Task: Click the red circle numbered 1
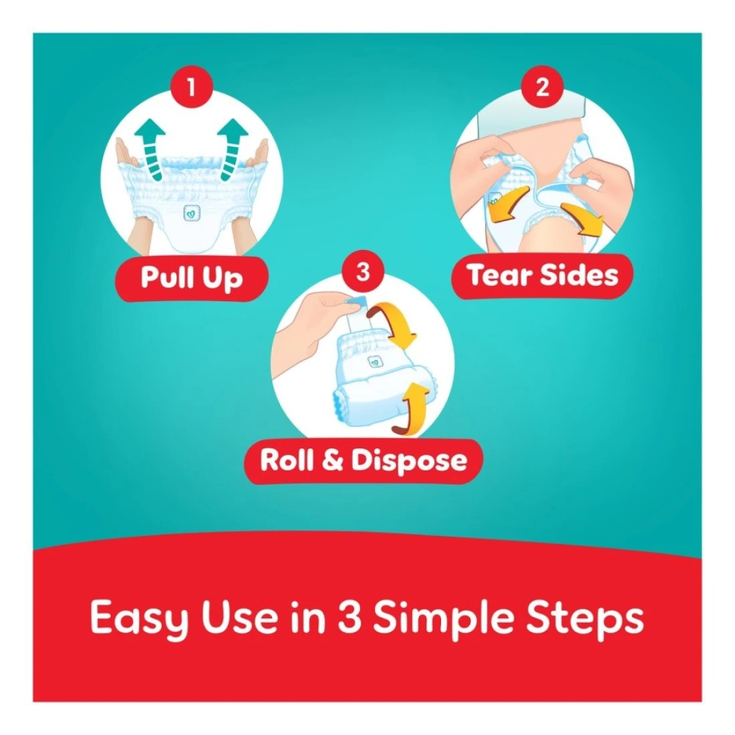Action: click(x=191, y=87)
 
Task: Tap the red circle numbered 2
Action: click(x=543, y=87)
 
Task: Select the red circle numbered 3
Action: click(x=363, y=271)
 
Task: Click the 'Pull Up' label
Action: click(x=192, y=278)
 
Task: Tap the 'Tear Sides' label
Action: click(x=543, y=275)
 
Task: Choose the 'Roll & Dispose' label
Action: click(x=363, y=460)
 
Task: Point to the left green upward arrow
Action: click(x=151, y=149)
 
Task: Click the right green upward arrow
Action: click(x=232, y=149)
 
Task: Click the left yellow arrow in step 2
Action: click(x=507, y=205)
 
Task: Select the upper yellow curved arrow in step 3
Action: click(x=393, y=325)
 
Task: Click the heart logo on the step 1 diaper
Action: click(x=192, y=213)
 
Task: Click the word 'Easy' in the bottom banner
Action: click(x=139, y=619)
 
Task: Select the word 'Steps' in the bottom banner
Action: click(x=585, y=619)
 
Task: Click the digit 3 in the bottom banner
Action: click(x=349, y=617)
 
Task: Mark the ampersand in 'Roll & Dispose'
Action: click(x=333, y=460)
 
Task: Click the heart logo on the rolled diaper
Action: click(x=375, y=362)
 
